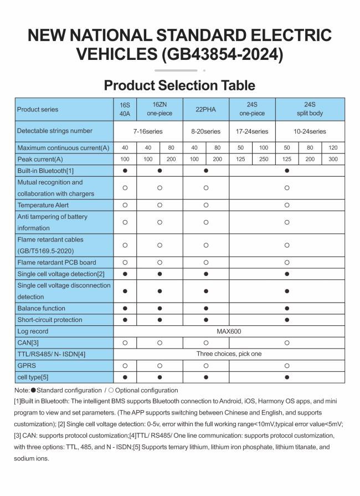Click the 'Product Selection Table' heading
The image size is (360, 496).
click(179, 85)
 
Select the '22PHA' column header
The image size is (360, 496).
click(205, 109)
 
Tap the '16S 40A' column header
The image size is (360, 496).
click(125, 109)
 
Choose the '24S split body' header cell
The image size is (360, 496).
click(310, 109)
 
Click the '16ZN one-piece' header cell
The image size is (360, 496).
click(160, 109)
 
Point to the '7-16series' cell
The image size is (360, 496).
click(148, 131)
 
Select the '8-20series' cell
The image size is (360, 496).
click(205, 131)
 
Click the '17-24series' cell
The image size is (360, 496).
click(252, 131)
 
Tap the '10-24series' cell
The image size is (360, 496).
click(310, 131)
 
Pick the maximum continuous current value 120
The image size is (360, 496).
click(333, 148)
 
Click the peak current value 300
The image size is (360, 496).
click(333, 160)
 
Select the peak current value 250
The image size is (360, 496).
click(264, 160)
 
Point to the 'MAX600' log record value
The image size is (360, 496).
click(229, 331)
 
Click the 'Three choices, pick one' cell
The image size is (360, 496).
click(229, 354)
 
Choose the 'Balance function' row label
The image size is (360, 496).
click(41, 308)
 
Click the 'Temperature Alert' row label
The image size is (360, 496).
click(43, 205)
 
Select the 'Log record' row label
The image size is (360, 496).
click(33, 331)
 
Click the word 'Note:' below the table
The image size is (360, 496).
click(23, 390)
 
